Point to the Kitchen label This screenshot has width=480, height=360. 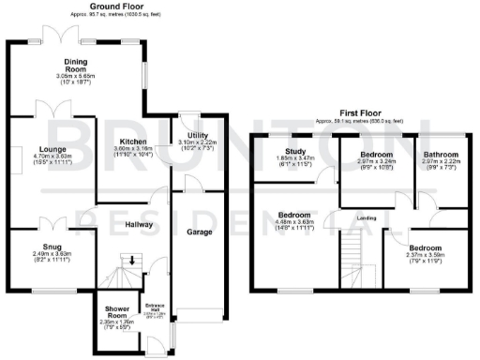[x=132, y=142]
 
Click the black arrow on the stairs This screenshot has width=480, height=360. [x=132, y=260]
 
